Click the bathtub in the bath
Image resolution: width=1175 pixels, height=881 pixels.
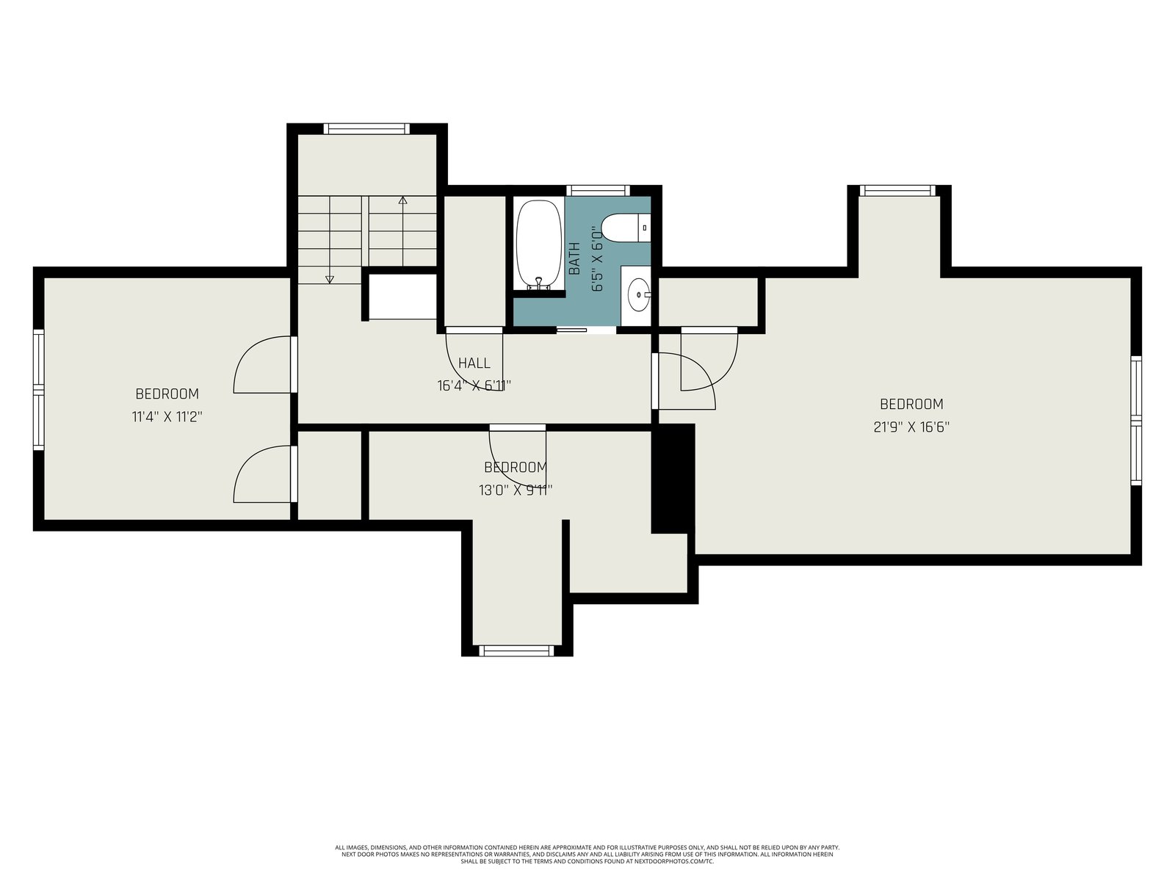tap(538, 245)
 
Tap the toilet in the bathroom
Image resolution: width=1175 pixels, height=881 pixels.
tap(626, 228)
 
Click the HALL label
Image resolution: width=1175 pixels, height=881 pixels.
tap(474, 363)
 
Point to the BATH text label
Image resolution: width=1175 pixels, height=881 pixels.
tap(574, 258)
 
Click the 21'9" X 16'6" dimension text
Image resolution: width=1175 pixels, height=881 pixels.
tap(911, 427)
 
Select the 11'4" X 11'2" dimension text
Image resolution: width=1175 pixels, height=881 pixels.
tap(167, 417)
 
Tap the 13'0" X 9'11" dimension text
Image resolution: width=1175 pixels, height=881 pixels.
tap(516, 490)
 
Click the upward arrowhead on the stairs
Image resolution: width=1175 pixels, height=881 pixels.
tap(402, 200)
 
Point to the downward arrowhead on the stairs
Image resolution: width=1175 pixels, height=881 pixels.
tap(330, 279)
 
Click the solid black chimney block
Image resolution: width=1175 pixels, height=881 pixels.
tap(673, 479)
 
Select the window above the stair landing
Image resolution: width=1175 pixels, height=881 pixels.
tap(366, 128)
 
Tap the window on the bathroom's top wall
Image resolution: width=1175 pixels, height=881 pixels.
tap(598, 190)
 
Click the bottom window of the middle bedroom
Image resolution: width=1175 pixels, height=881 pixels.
tap(516, 650)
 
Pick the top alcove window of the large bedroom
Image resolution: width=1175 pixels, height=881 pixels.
tap(897, 190)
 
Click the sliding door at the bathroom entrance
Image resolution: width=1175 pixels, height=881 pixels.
tap(571, 330)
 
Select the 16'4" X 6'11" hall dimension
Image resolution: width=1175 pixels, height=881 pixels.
tap(474, 385)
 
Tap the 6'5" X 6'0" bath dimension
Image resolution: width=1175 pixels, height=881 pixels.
tap(597, 258)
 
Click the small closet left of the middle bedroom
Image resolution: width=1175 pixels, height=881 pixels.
tap(329, 475)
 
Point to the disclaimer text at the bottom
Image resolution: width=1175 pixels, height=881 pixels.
tap(587, 855)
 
